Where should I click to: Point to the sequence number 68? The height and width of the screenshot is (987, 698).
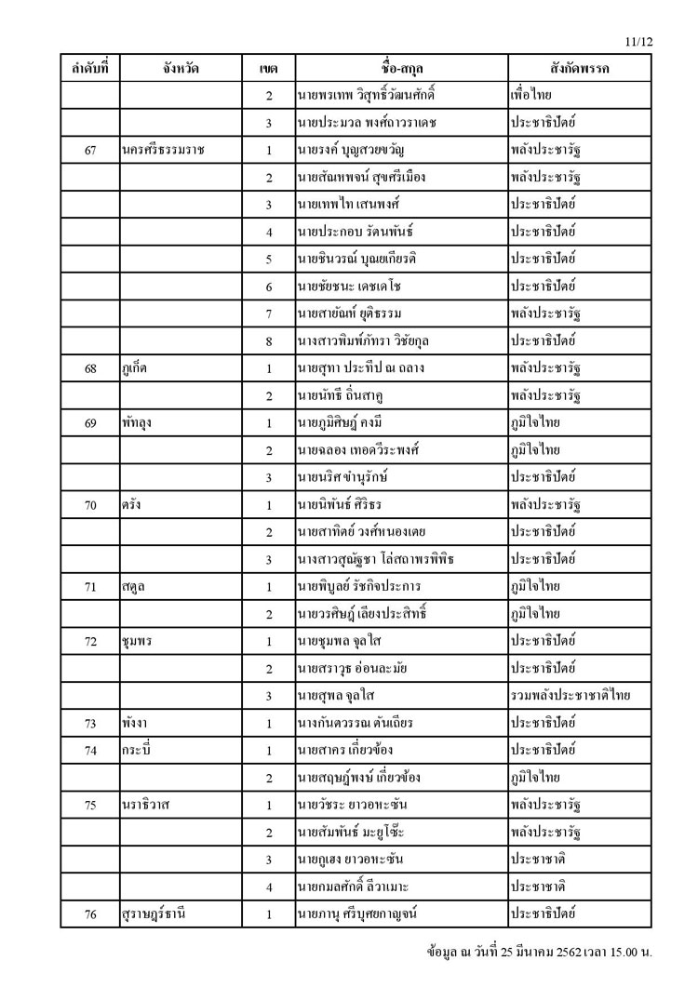click(91, 368)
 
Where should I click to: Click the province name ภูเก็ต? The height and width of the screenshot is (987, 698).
click(136, 368)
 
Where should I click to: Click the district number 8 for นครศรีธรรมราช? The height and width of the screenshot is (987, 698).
click(269, 341)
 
